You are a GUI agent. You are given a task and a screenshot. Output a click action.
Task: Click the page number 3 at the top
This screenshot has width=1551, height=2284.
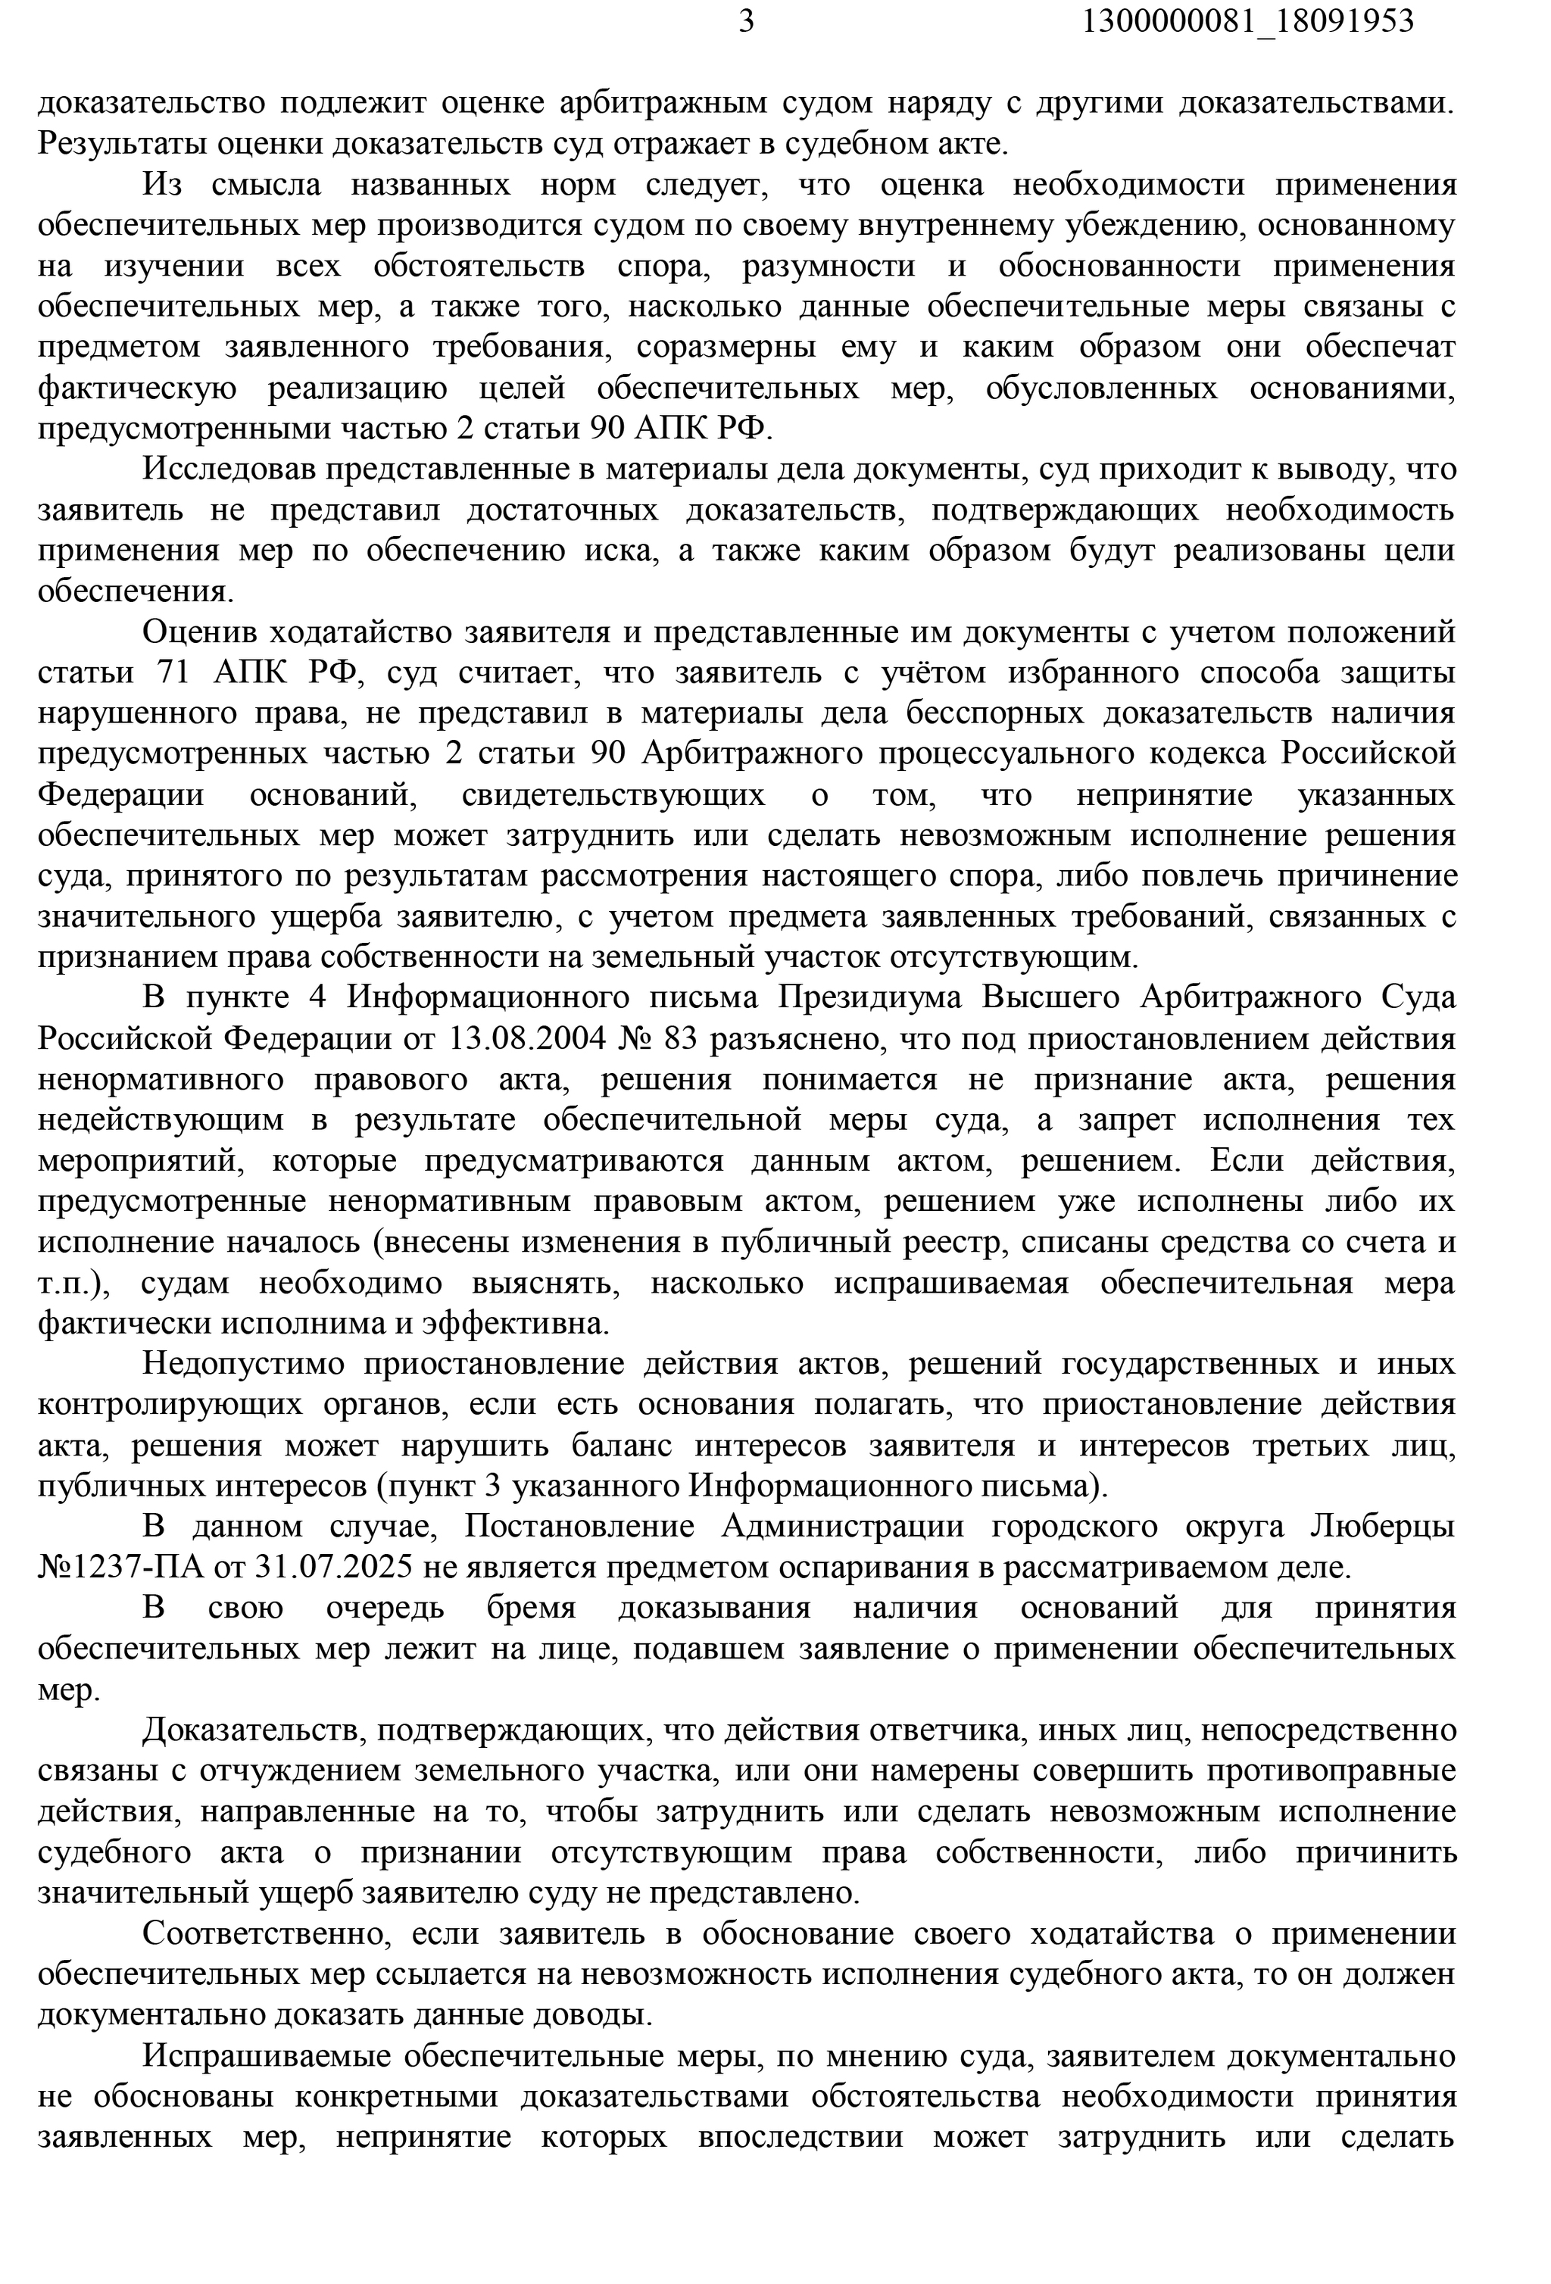746,20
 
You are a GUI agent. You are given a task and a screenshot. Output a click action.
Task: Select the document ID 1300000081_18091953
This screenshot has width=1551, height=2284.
1247,20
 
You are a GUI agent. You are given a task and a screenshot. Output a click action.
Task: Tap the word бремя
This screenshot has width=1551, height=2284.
532,1608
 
